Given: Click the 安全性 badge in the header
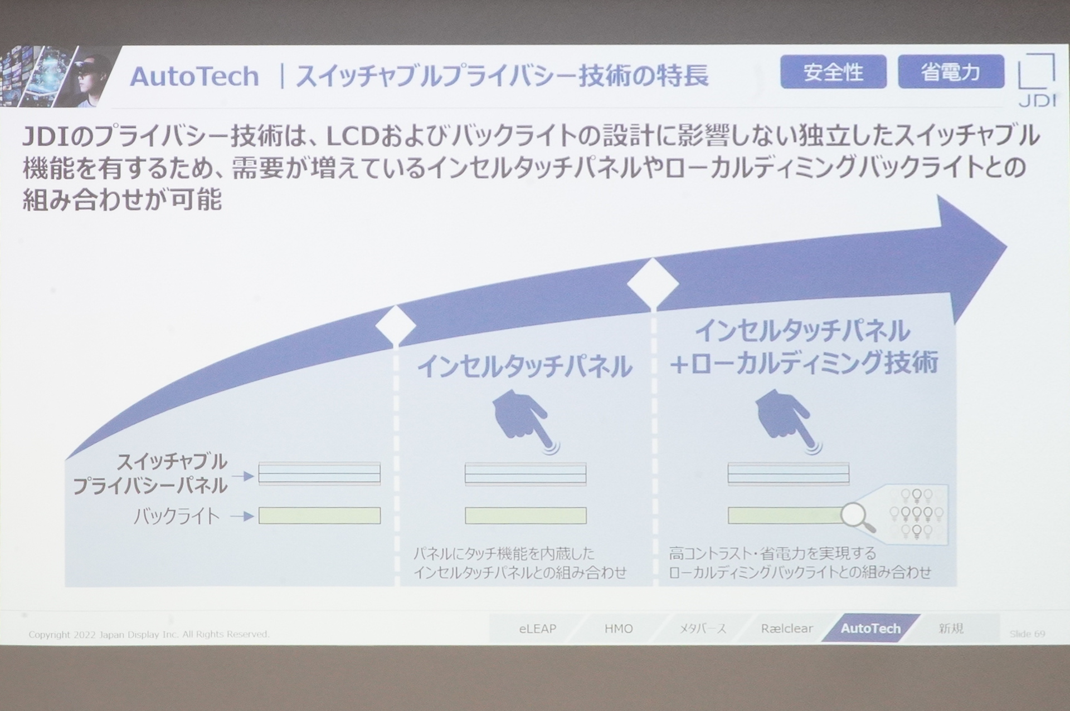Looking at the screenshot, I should (x=833, y=72).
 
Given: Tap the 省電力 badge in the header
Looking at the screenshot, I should (x=950, y=72).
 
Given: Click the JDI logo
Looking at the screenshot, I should (x=1037, y=81).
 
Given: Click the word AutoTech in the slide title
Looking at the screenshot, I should (x=194, y=76).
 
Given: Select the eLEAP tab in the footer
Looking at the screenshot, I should (x=537, y=629).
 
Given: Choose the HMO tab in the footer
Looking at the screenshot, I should (x=619, y=629).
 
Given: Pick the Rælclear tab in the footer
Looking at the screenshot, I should (x=787, y=629).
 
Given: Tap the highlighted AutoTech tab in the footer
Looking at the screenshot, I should (x=870, y=629).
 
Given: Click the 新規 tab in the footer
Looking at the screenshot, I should (x=951, y=629).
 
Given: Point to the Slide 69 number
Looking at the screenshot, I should (x=1027, y=634).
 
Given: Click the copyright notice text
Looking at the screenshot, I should (x=149, y=634).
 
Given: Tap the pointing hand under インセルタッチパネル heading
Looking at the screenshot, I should (x=522, y=420).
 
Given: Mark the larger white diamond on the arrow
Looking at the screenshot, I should (x=653, y=284).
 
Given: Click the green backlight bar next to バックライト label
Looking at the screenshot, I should (x=319, y=516).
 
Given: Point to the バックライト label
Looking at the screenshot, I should (x=177, y=517).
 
